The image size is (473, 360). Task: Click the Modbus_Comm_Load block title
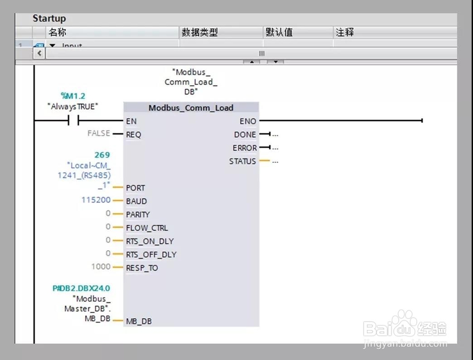(x=191, y=108)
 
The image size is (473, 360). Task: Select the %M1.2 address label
(x=73, y=96)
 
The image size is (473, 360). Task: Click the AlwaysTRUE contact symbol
(x=73, y=121)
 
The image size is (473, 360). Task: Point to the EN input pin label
(x=131, y=122)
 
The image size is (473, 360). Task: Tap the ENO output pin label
(x=247, y=122)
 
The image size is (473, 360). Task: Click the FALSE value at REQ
(x=98, y=133)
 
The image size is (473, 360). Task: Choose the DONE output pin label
(x=245, y=135)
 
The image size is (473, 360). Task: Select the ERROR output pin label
(x=244, y=148)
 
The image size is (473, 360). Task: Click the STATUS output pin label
(x=242, y=161)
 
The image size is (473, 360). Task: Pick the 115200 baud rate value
(x=96, y=200)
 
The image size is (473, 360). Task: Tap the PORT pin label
(x=135, y=188)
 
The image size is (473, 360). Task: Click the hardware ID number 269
(x=102, y=155)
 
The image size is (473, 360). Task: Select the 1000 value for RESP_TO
(x=100, y=266)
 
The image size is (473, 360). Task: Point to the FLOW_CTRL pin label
(x=147, y=228)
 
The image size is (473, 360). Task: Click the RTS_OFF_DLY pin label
(x=151, y=255)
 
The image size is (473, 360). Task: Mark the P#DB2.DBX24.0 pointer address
(x=81, y=288)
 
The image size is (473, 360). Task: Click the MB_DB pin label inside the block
(x=139, y=322)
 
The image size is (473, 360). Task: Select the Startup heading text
(x=49, y=18)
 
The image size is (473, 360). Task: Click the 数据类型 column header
(x=200, y=33)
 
